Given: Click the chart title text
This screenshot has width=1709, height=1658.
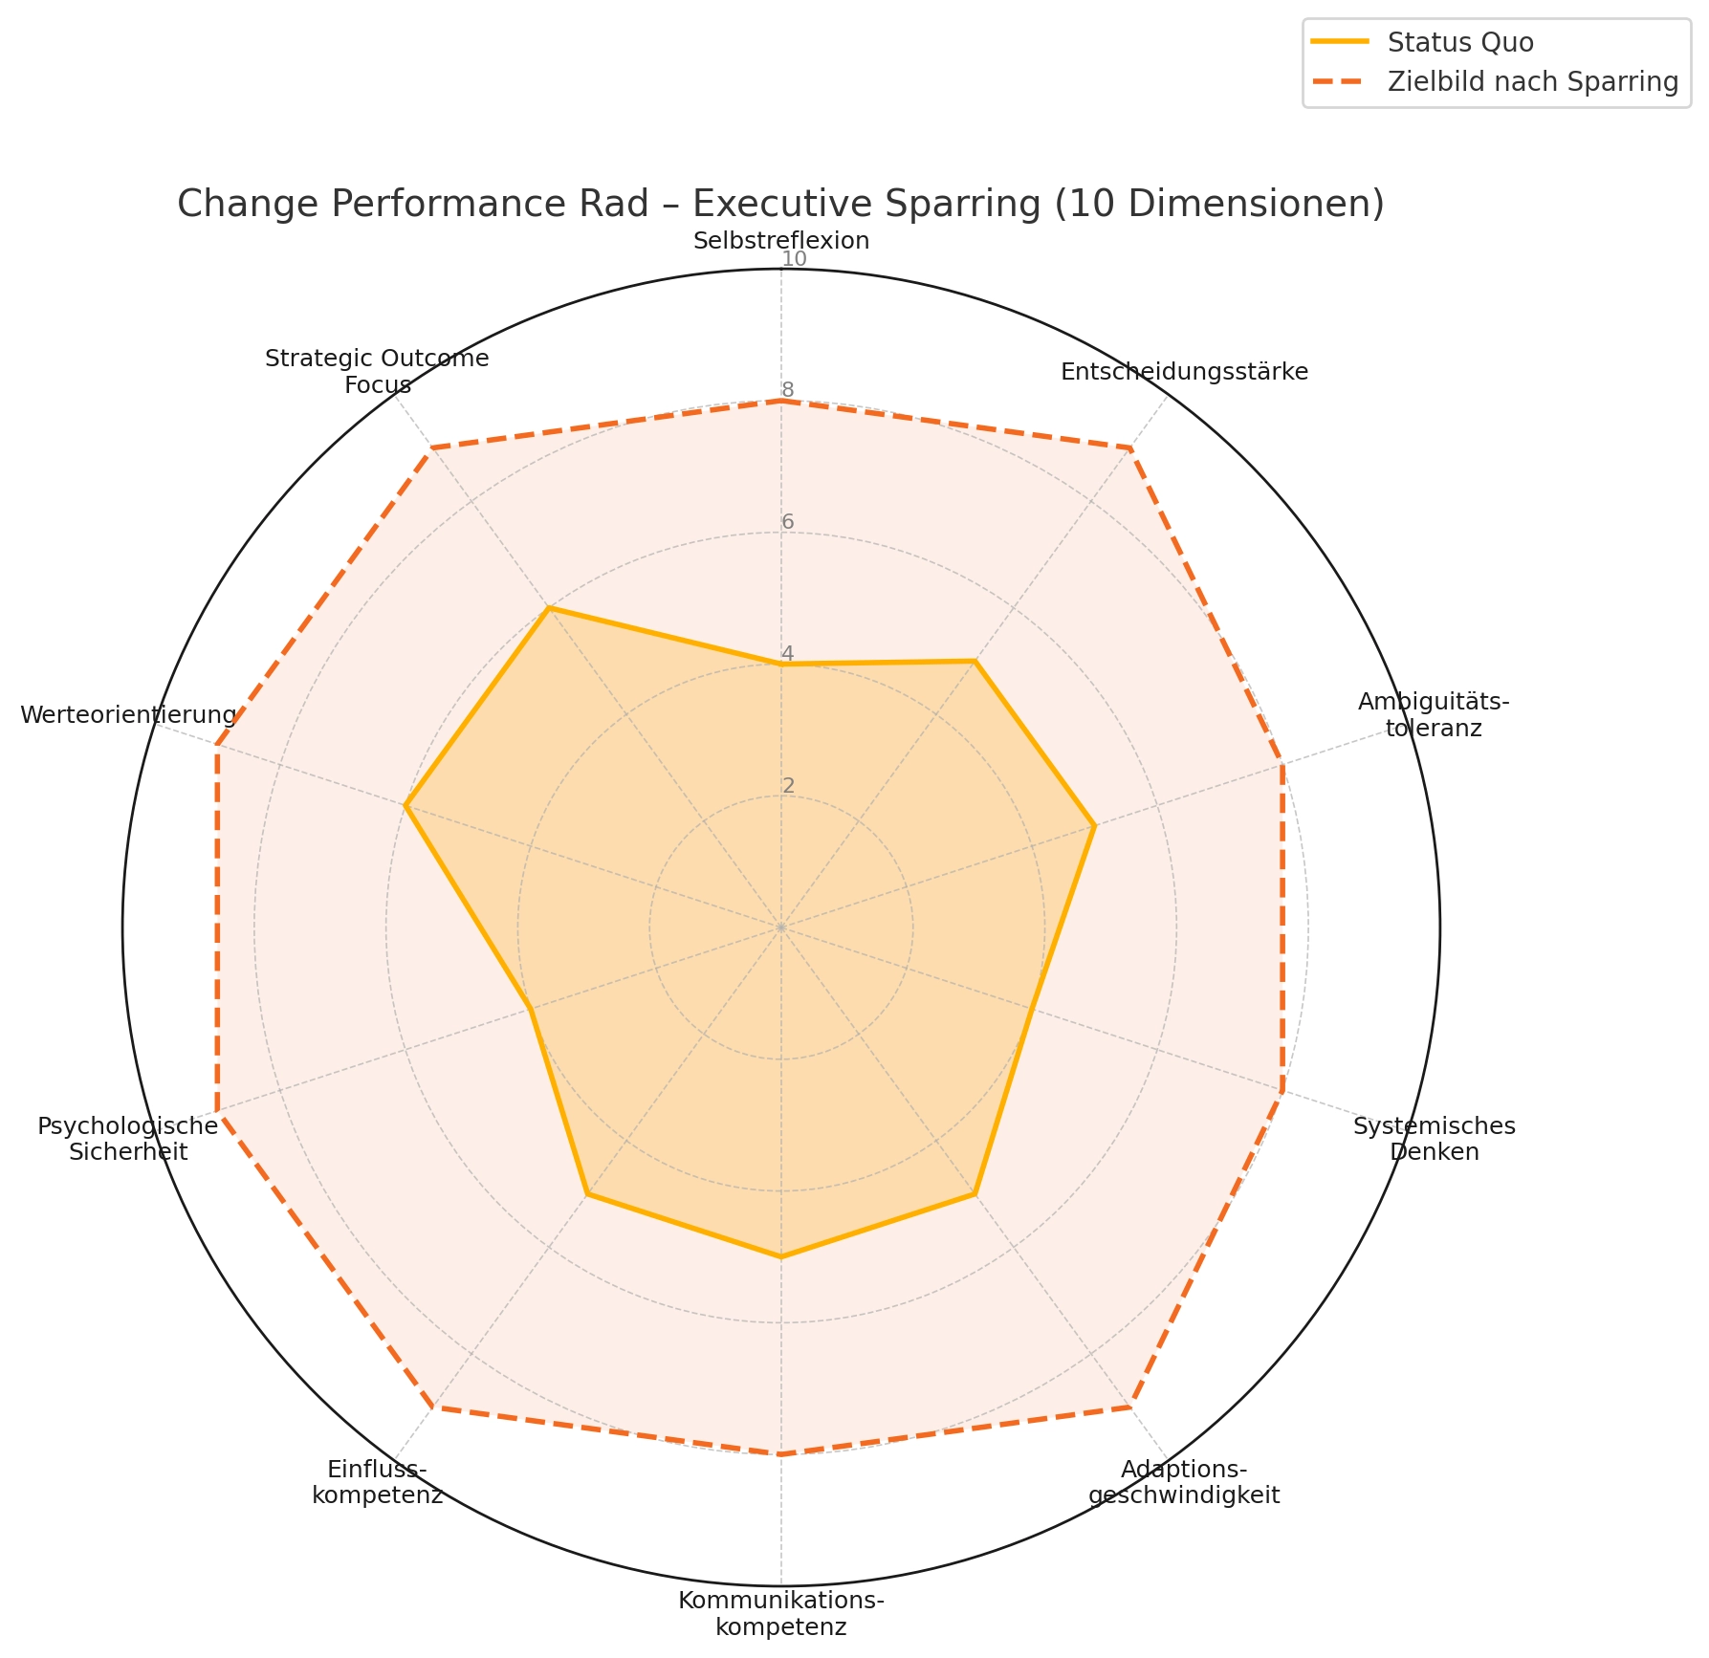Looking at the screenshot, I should [780, 205].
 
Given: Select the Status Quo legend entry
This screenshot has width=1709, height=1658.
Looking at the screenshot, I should [1460, 42].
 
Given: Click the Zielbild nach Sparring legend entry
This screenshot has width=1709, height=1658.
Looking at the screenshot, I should [1532, 82].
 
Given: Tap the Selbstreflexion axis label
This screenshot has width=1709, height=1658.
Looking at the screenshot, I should [781, 241].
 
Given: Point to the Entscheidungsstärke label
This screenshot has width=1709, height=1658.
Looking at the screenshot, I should [1184, 372].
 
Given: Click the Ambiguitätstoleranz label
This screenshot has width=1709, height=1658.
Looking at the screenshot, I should [1433, 715].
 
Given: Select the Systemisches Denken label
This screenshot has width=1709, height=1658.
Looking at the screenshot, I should [1434, 1139].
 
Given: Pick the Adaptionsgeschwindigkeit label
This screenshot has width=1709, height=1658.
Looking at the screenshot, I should [1184, 1481].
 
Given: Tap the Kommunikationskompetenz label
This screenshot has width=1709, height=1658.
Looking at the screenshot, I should [781, 1613].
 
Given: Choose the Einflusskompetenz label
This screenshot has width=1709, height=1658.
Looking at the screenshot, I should [377, 1481].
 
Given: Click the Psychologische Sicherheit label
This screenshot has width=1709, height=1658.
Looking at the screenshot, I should [128, 1139].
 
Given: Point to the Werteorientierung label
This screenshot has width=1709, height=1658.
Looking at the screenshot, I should [128, 715].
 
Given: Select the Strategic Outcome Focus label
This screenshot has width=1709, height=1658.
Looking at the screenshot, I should [377, 372].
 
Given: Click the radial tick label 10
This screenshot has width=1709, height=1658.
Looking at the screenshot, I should [794, 260].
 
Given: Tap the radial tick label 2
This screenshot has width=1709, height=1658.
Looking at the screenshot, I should [788, 786].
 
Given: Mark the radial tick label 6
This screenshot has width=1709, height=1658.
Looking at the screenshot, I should [788, 522].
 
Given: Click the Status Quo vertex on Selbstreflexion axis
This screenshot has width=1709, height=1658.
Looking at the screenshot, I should [781, 665].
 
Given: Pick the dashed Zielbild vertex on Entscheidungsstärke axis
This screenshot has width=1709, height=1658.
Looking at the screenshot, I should [1129, 447].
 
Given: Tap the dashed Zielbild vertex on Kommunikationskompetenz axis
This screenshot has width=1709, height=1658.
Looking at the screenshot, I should [781, 1454].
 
